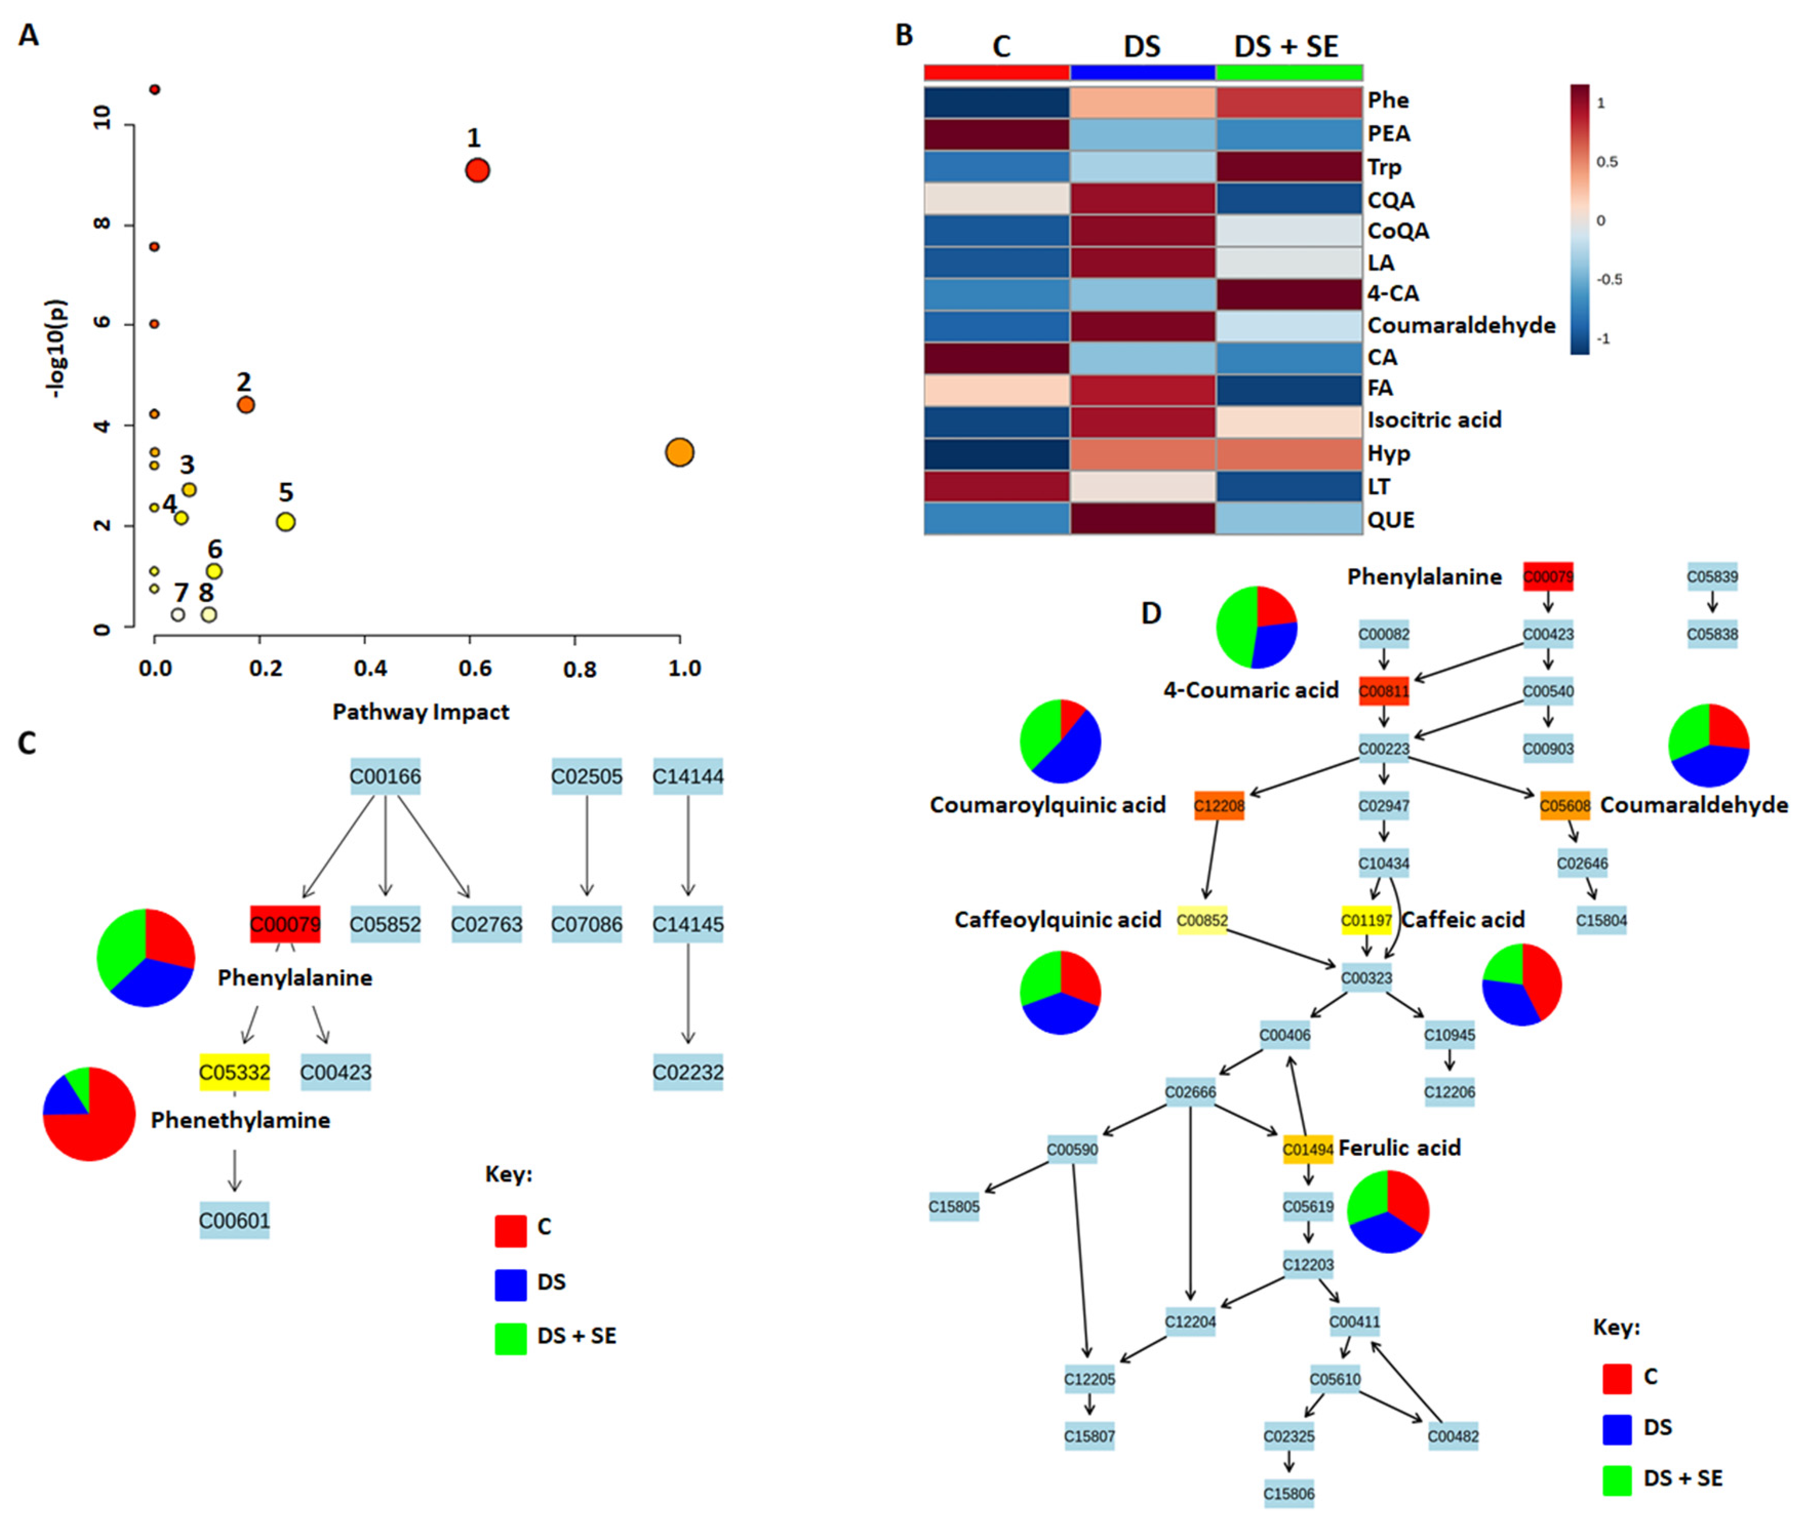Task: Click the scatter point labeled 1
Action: coord(477,170)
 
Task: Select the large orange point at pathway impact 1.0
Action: coord(680,452)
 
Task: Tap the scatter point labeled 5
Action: coord(285,522)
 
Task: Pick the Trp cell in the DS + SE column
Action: coord(1288,166)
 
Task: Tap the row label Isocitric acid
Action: coord(1434,420)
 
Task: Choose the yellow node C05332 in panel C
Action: coord(234,1072)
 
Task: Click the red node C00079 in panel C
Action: coord(285,924)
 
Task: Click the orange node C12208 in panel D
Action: coord(1219,806)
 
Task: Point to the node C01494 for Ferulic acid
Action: coord(1307,1149)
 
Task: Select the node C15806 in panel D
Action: coord(1288,1493)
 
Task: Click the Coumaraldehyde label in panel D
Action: coord(1693,805)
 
